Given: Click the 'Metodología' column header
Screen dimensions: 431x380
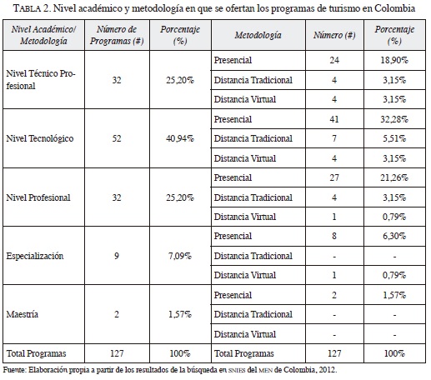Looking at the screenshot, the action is point(258,35).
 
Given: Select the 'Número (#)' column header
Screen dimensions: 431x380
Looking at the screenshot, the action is point(334,35).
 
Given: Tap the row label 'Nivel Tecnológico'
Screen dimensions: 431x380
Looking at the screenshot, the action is point(40,138).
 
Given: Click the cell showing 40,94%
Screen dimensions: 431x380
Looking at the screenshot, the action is point(180,138).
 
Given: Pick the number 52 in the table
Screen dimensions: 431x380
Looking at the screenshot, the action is point(117,138).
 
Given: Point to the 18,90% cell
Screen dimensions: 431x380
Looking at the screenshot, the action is point(394,60).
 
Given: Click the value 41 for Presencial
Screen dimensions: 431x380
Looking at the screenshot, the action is point(334,119).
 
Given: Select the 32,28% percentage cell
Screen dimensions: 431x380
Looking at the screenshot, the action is point(394,119).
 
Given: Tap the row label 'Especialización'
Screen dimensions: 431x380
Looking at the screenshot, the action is point(35,256).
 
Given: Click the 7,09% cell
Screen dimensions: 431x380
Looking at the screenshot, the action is point(180,256).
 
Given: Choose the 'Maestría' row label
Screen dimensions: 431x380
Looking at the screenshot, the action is point(23,314).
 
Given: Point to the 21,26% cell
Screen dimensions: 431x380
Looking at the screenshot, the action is point(394,177).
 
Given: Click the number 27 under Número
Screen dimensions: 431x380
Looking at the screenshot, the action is point(334,177).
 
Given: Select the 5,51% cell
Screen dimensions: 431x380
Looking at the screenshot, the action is point(394,138).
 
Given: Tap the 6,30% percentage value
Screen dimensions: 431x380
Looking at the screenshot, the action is point(394,236).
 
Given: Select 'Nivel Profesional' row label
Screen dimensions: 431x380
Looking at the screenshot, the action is point(38,197).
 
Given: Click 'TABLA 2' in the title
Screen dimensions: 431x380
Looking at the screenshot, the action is point(31,8).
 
